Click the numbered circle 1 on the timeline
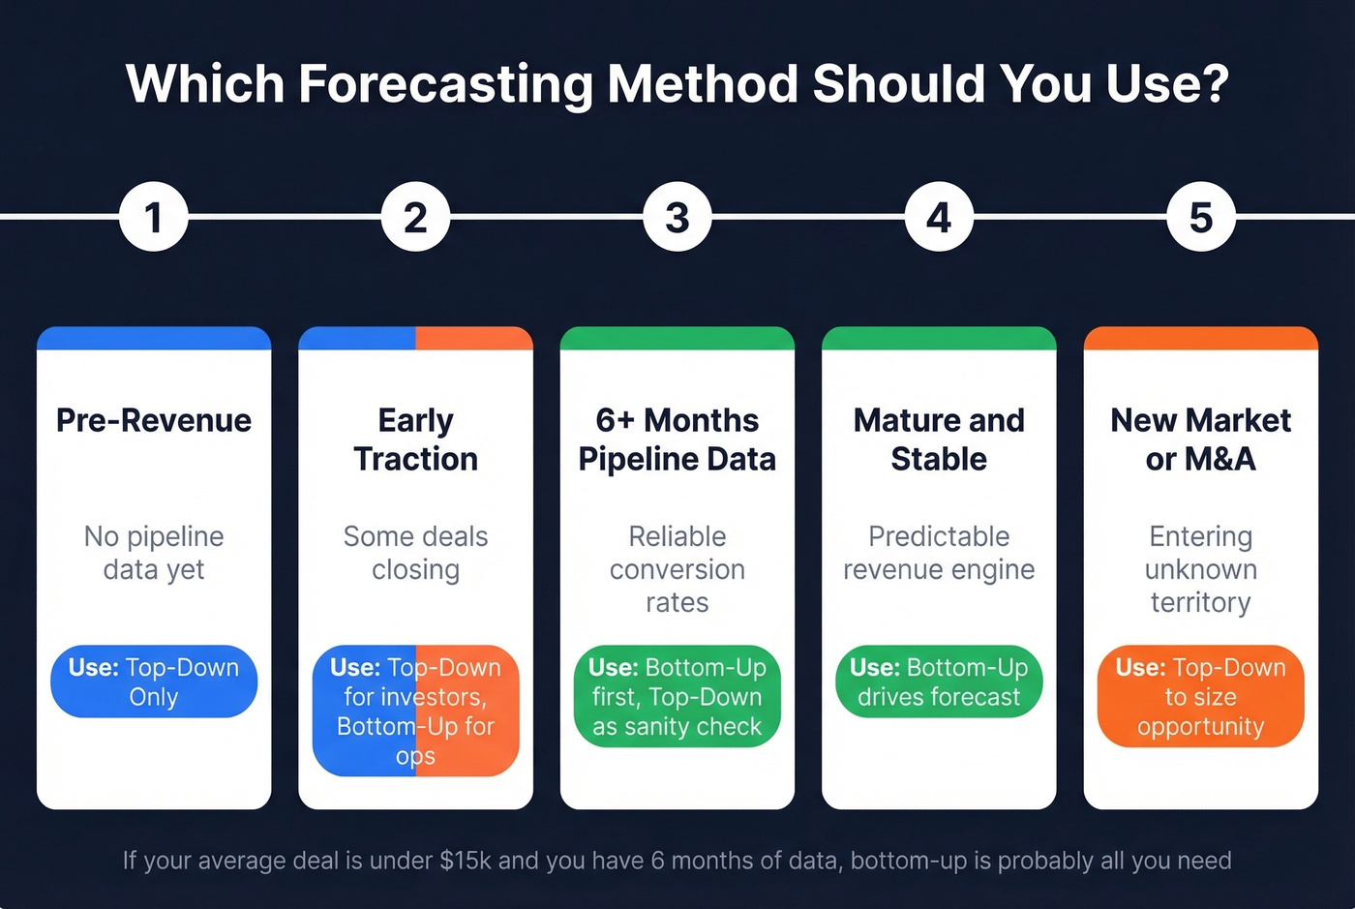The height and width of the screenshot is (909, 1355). (x=153, y=217)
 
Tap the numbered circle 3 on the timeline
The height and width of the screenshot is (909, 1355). (x=677, y=217)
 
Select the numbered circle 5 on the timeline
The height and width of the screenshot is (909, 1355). (x=1200, y=217)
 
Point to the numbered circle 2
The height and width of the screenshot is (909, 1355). (x=415, y=217)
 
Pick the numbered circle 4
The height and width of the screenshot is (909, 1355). (x=939, y=217)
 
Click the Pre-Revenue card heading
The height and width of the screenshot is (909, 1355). (x=154, y=420)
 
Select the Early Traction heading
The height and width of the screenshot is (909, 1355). (x=415, y=439)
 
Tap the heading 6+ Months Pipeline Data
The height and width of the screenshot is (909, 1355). (x=677, y=439)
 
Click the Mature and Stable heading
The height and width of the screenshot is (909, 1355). (x=939, y=439)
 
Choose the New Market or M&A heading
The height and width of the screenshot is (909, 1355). (x=1200, y=439)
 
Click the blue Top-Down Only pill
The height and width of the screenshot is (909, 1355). (x=154, y=682)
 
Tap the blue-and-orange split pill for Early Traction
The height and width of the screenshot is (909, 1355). (x=415, y=711)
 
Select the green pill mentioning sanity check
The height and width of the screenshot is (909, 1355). (x=677, y=696)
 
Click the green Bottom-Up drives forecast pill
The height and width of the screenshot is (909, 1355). (x=939, y=682)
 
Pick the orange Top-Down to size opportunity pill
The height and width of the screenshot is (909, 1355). (x=1200, y=696)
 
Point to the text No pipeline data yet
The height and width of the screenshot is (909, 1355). (x=154, y=553)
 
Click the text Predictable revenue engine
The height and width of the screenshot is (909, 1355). (x=939, y=553)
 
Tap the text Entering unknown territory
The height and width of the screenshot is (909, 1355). (x=1200, y=569)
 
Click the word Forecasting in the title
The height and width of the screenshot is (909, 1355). (x=445, y=84)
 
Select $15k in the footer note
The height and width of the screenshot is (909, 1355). (x=466, y=861)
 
